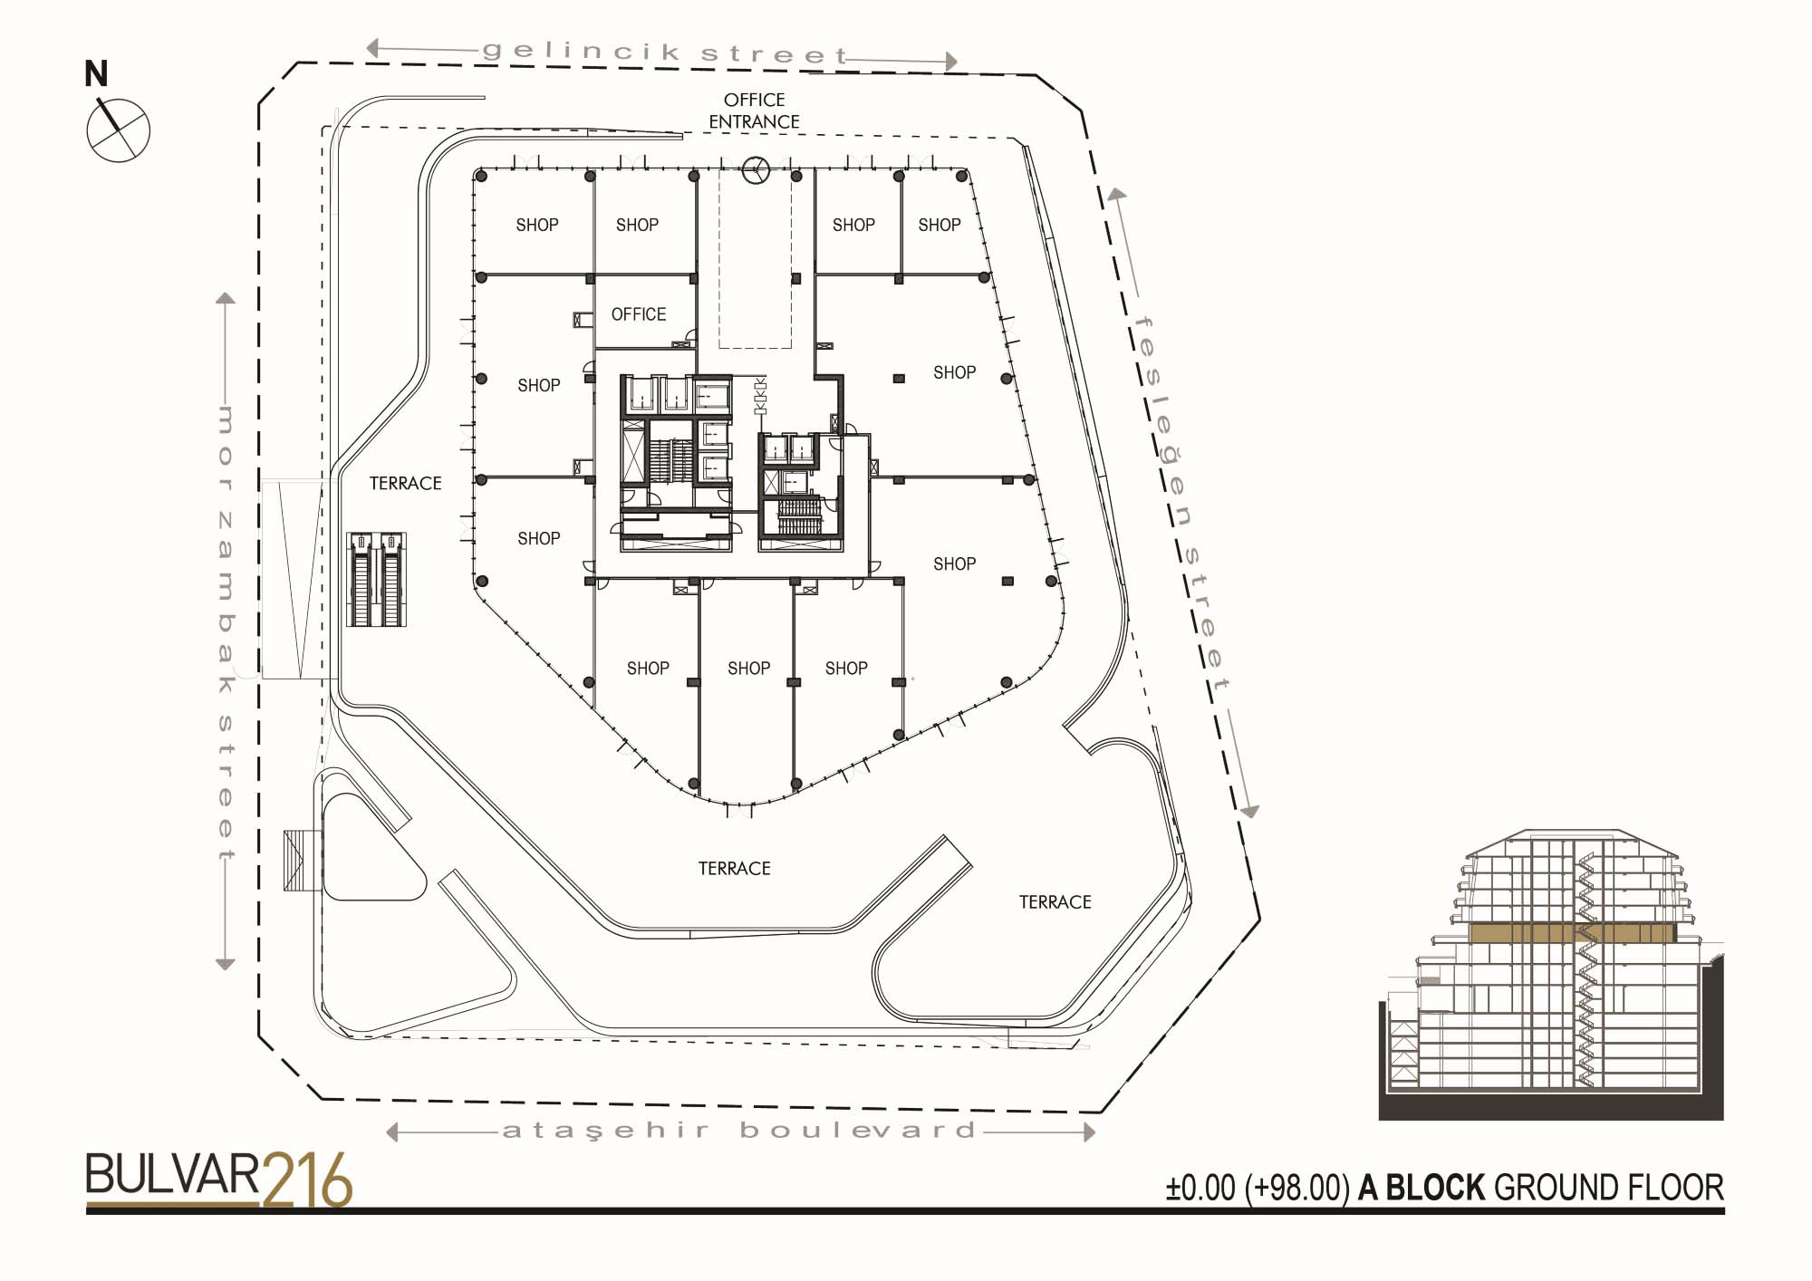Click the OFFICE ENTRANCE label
point(754,111)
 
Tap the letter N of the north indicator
point(96,73)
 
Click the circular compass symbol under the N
point(119,130)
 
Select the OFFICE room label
point(639,314)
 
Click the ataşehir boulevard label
point(739,1131)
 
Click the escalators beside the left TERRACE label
point(377,579)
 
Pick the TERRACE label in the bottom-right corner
point(1055,902)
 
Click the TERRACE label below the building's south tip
point(734,869)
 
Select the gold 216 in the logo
point(307,1180)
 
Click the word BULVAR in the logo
point(173,1175)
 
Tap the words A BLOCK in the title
point(1422,1188)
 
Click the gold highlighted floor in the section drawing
point(1572,934)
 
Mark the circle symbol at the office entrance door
point(756,169)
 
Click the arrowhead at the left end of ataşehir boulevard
point(391,1132)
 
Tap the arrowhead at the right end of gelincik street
point(951,61)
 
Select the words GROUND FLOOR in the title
point(1608,1188)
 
